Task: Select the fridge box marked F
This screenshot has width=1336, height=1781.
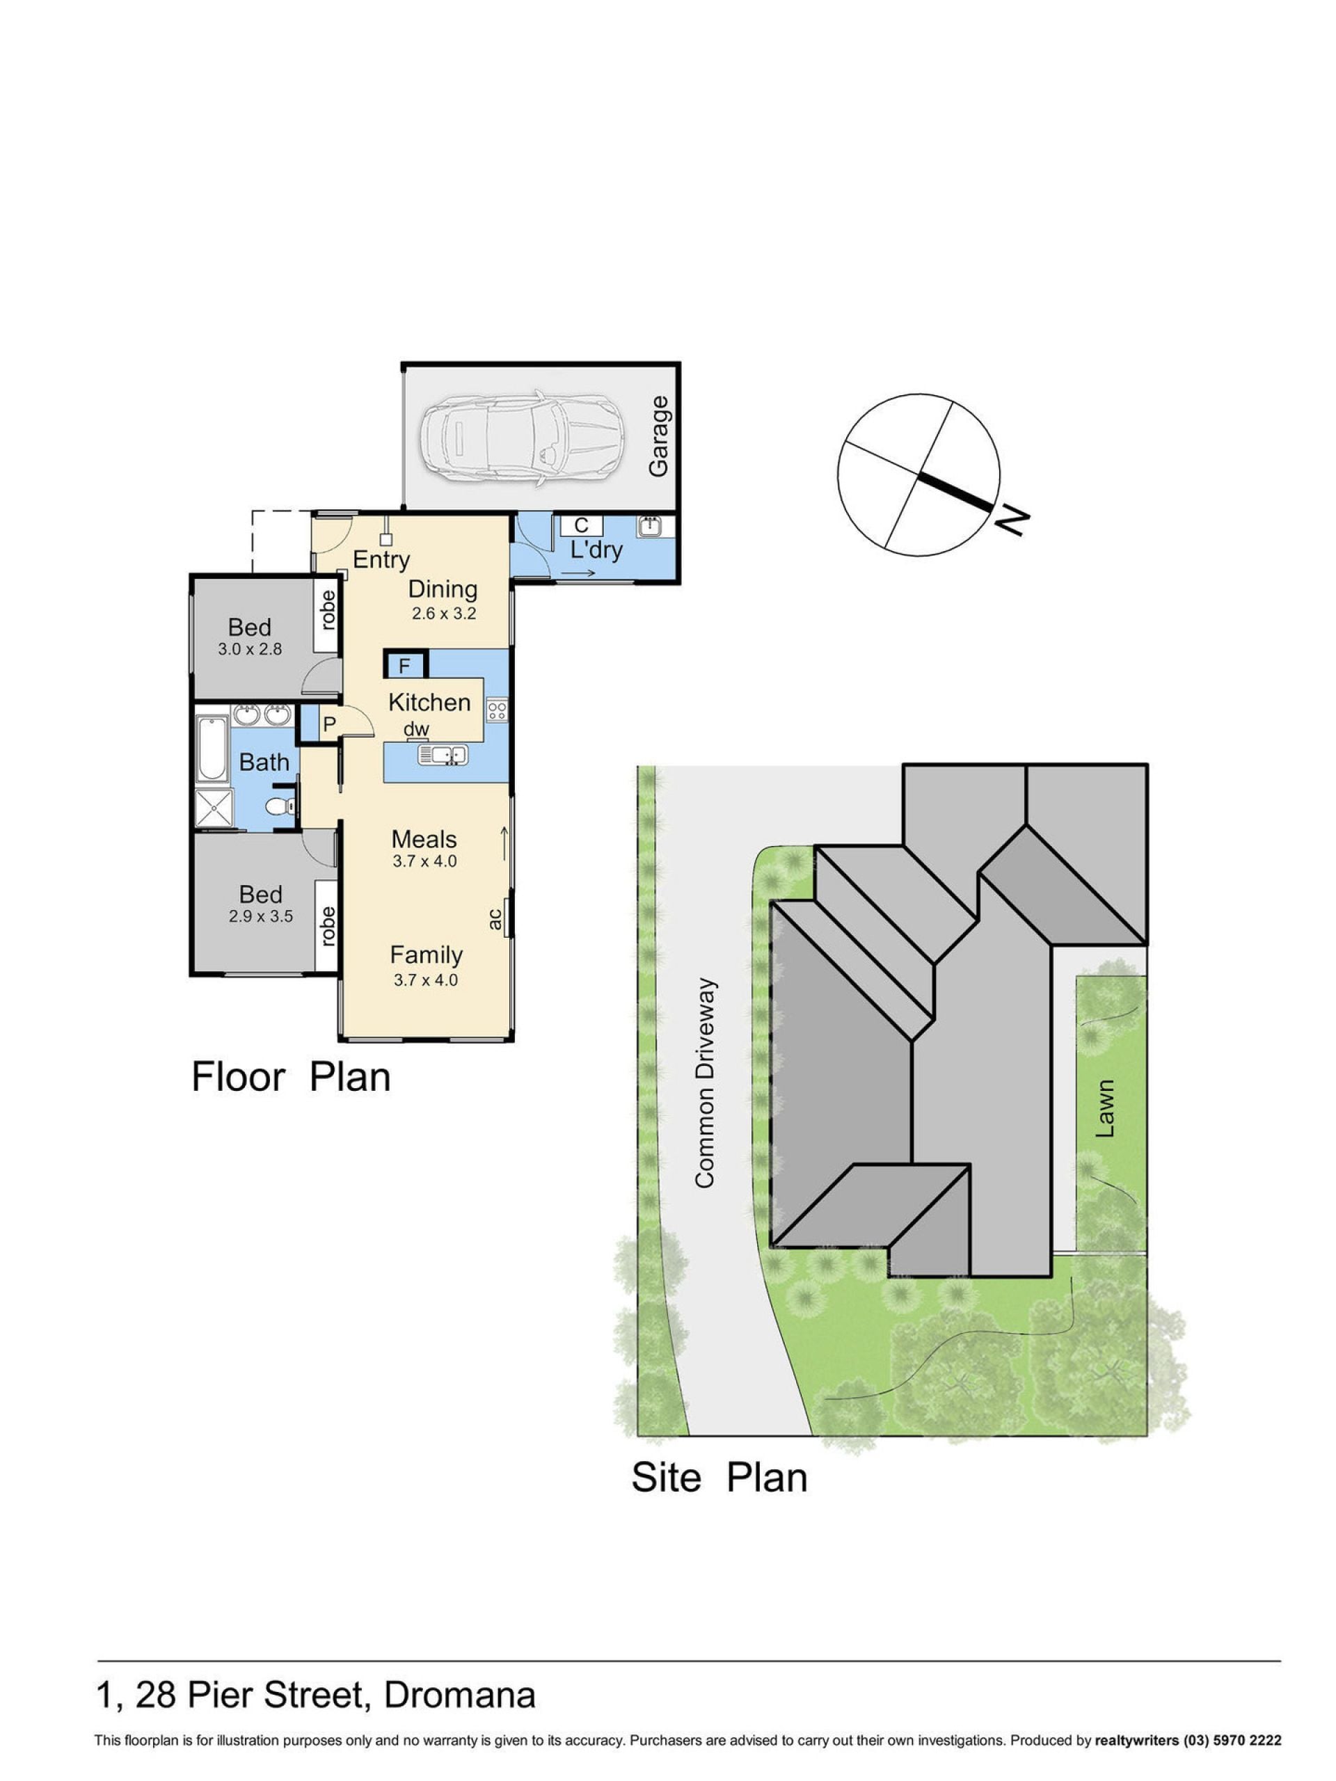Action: pos(404,665)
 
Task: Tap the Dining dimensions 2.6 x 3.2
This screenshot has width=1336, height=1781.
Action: pos(444,614)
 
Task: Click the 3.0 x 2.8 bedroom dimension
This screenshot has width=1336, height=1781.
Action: pos(250,649)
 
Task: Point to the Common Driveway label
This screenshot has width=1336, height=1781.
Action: pos(705,1083)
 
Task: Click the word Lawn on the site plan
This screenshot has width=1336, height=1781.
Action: pos(1106,1109)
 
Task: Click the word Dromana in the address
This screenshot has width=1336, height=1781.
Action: pos(459,1695)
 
